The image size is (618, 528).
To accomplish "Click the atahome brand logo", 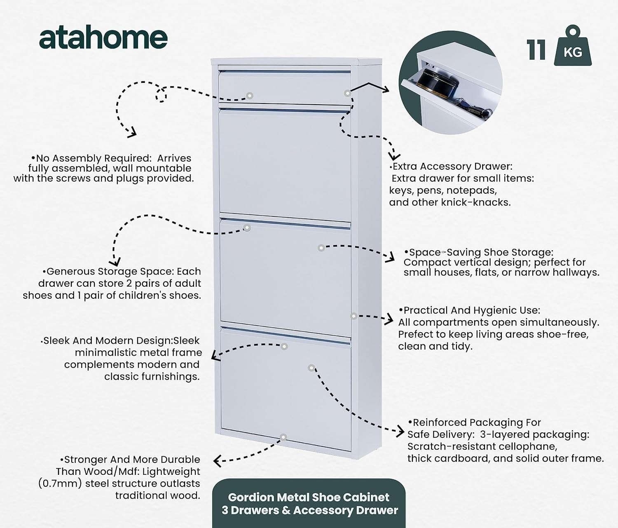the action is [103, 39].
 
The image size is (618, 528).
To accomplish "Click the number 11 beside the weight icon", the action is [536, 50].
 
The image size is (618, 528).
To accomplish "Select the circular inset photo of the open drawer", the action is [451, 83].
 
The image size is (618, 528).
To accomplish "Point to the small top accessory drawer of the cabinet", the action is [284, 87].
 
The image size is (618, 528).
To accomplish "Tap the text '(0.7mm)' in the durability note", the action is [60, 483].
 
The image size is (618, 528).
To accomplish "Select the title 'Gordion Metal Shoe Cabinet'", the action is [309, 497].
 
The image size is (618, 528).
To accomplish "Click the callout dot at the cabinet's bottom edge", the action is [283, 437].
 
